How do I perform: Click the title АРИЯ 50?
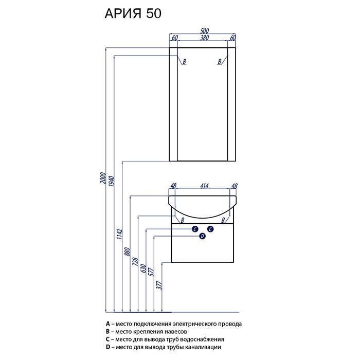coord(133,13)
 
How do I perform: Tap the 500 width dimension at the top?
coord(204,31)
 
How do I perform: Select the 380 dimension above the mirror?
coord(204,38)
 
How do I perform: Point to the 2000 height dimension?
coord(103,178)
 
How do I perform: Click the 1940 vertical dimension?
coord(112,181)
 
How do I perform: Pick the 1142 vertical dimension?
coord(119,233)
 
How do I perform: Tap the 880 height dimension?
coord(128,251)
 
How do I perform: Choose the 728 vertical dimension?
coord(135,261)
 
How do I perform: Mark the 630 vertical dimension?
coord(143,268)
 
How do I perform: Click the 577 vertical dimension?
coord(152,272)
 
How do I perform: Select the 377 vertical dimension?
coord(159,285)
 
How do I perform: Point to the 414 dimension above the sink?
coord(204,186)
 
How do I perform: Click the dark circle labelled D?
coord(202,236)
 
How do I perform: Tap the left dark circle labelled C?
coord(195,229)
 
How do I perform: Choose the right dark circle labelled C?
coord(210,229)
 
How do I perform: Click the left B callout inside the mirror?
coord(184,62)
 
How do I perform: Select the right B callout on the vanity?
coord(223,221)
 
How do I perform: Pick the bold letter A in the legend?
coord(108,324)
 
